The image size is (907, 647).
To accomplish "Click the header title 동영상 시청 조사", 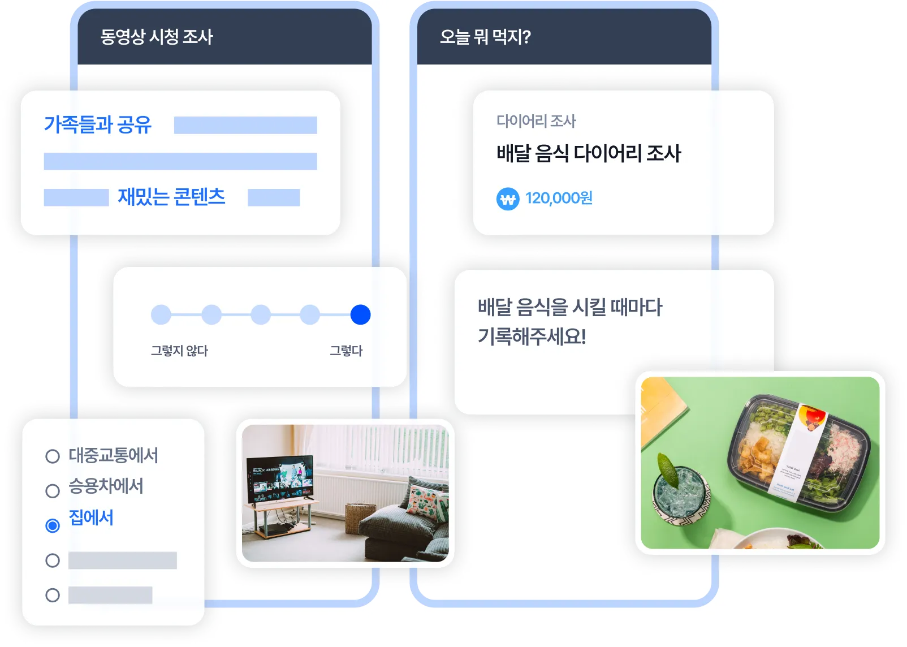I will click(157, 37).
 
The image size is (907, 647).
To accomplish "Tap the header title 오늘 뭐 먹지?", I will click(485, 37).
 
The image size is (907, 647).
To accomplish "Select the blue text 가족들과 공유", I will click(98, 124).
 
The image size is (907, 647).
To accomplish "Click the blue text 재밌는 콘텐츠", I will click(171, 197).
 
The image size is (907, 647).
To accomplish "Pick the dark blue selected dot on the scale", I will click(360, 314).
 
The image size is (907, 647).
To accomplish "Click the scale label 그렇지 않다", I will click(179, 351).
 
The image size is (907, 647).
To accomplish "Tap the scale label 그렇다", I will click(346, 351).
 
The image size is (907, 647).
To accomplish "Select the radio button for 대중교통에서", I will click(53, 456).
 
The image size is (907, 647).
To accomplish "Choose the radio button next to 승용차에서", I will click(53, 490).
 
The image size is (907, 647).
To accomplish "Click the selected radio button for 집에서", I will click(53, 526).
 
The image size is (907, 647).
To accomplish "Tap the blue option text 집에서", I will click(91, 517).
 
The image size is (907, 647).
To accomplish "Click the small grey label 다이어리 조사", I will click(536, 120).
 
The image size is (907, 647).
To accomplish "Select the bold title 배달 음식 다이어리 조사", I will click(589, 153).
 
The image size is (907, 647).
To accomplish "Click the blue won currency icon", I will click(508, 199).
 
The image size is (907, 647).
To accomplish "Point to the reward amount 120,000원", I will click(559, 198).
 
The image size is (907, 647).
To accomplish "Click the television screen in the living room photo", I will click(280, 478).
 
